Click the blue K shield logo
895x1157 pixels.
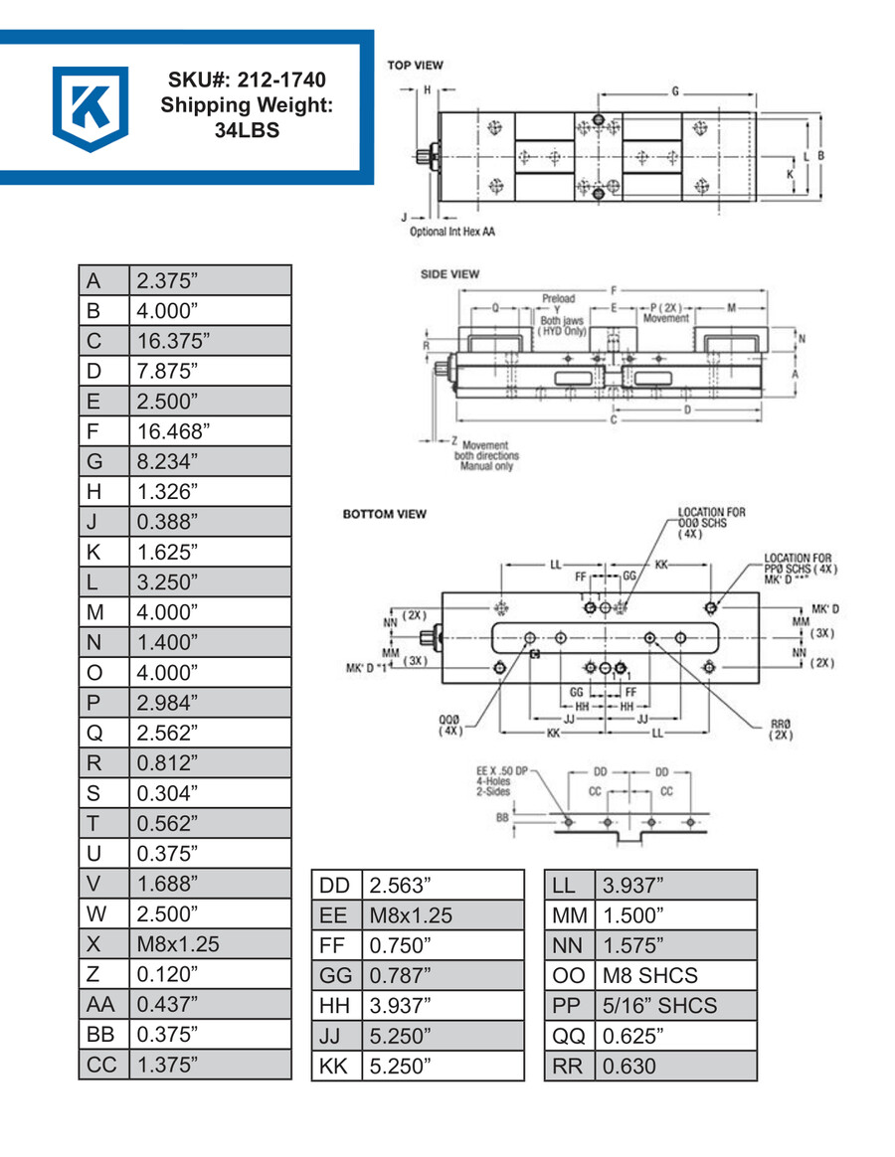89,107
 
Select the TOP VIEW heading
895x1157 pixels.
416,66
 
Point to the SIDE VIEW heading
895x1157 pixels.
450,273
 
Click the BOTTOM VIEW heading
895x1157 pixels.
385,514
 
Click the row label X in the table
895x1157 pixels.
94,942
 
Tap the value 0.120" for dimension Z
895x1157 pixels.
165,973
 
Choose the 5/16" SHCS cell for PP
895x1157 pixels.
659,1005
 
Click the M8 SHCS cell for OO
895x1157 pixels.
650,975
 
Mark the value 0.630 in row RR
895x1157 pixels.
630,1066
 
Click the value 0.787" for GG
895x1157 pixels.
400,975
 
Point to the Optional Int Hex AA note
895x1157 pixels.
452,232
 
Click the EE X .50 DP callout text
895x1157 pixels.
511,772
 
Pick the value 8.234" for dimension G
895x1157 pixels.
168,461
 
